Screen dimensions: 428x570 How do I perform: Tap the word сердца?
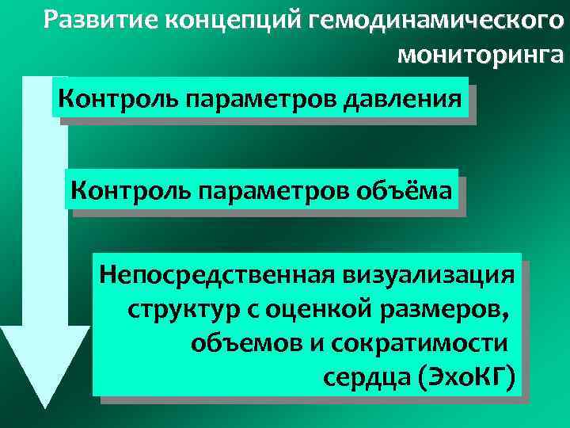(x=359, y=375)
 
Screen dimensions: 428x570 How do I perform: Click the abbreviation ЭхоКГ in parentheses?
(x=467, y=375)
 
